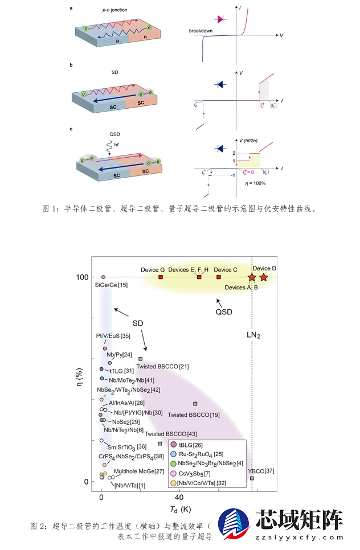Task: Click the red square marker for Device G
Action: (x=161, y=277)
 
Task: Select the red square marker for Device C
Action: (x=219, y=277)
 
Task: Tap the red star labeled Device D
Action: (x=264, y=277)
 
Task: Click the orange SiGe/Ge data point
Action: (x=103, y=277)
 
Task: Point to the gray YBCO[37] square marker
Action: (x=252, y=478)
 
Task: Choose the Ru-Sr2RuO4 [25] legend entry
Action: (x=200, y=454)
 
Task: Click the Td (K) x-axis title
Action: (x=179, y=508)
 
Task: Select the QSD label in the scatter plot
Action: (x=224, y=311)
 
